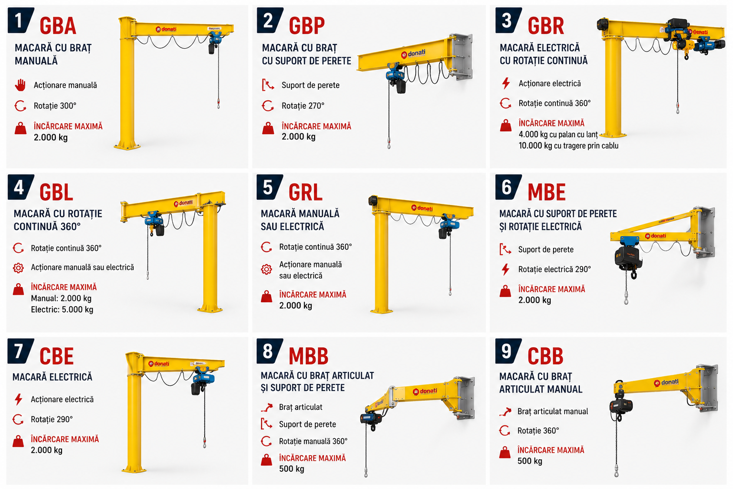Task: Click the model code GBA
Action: coord(58,26)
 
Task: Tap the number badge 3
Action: coord(508,21)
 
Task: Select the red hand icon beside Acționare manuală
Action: coord(21,85)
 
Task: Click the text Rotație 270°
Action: coord(303,106)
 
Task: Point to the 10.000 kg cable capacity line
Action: coord(568,146)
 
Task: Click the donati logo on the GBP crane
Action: coord(413,53)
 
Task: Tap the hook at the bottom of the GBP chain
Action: coord(389,143)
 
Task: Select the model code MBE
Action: coord(546,192)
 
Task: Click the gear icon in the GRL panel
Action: coord(266,269)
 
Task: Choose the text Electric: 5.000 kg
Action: coord(62,309)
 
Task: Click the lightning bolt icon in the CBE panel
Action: coord(19,399)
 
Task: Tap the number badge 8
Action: coord(269,351)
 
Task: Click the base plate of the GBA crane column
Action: coord(127,146)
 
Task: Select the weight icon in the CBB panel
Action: coord(505,453)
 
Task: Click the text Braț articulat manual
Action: coord(553,411)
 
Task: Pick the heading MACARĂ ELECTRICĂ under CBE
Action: coord(52,377)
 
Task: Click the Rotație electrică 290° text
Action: coord(555,269)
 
